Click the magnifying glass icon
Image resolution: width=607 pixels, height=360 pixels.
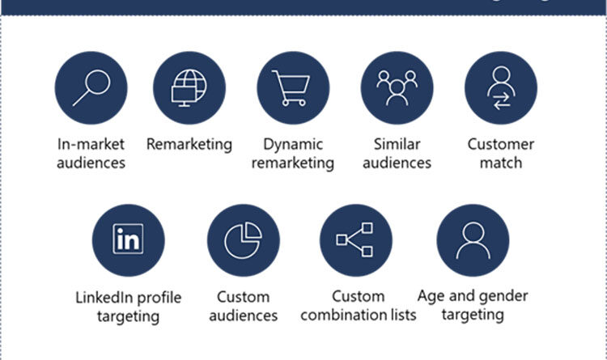point(91,88)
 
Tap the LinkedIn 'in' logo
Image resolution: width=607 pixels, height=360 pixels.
point(128,239)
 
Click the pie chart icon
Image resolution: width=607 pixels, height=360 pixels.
point(243,239)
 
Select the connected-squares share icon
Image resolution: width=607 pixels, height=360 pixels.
point(355,239)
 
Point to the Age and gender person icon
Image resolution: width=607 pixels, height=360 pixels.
point(473,239)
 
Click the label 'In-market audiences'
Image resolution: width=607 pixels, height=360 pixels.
point(91,153)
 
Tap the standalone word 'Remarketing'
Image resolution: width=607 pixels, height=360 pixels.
point(189,145)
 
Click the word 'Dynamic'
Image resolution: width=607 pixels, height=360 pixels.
point(292,145)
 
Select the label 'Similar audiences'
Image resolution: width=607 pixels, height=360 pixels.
point(397,153)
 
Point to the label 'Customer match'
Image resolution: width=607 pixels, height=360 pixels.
point(500,153)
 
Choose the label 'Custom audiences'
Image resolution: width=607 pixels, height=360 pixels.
point(243,306)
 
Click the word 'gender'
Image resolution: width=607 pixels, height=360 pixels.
point(502,295)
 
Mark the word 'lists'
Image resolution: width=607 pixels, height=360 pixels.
point(400,315)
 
